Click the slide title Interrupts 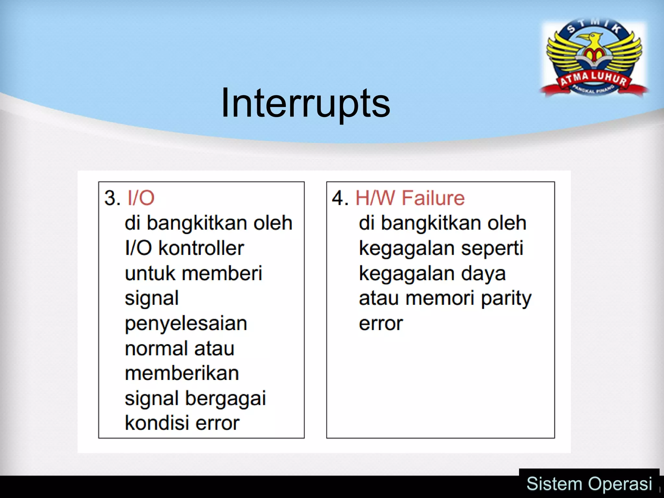tap(305, 103)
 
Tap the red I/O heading tap(141, 198)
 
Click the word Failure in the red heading tap(433, 198)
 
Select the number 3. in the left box tap(112, 198)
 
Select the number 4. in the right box tap(340, 198)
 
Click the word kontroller tap(201, 248)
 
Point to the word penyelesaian tap(186, 324)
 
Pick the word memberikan tap(182, 373)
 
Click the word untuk tap(150, 273)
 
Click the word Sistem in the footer tap(554, 484)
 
